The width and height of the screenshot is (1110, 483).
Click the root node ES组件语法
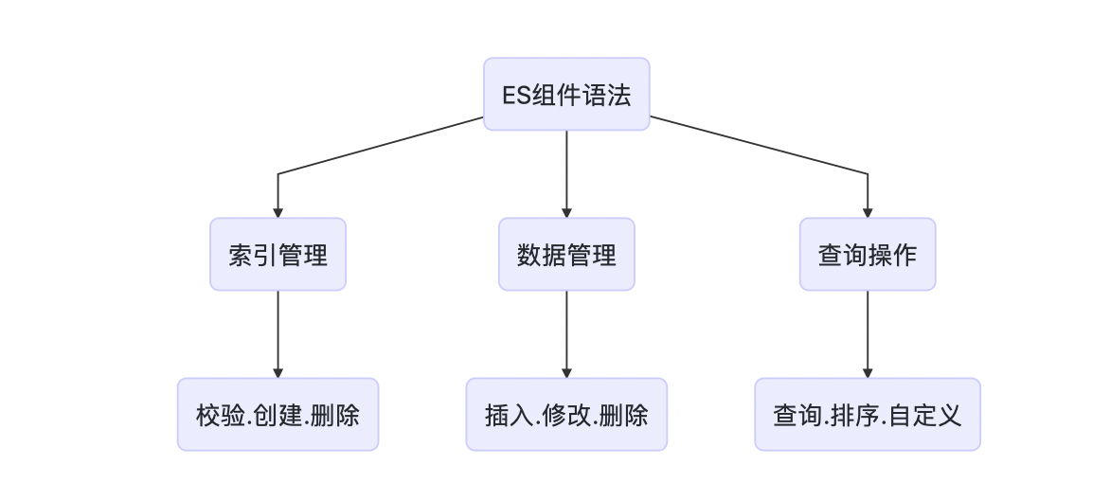pos(566,95)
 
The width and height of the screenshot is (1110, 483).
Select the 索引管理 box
pos(277,255)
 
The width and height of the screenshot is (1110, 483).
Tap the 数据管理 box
pos(566,255)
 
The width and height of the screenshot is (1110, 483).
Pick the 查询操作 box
pos(868,255)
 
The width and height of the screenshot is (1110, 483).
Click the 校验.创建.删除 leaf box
pos(277,415)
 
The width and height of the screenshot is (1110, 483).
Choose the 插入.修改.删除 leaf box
pos(566,415)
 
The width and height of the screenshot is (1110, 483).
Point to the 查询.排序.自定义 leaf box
pos(868,415)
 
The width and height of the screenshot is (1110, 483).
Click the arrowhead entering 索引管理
pos(277,211)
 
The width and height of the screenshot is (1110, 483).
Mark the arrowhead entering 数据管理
pos(566,211)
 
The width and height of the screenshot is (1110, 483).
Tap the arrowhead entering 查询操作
pos(868,211)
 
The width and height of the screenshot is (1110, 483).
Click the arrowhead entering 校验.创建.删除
pos(277,371)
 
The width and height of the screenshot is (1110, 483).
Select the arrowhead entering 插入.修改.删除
pos(566,371)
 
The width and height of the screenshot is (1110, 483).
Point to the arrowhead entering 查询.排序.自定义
pos(868,371)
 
